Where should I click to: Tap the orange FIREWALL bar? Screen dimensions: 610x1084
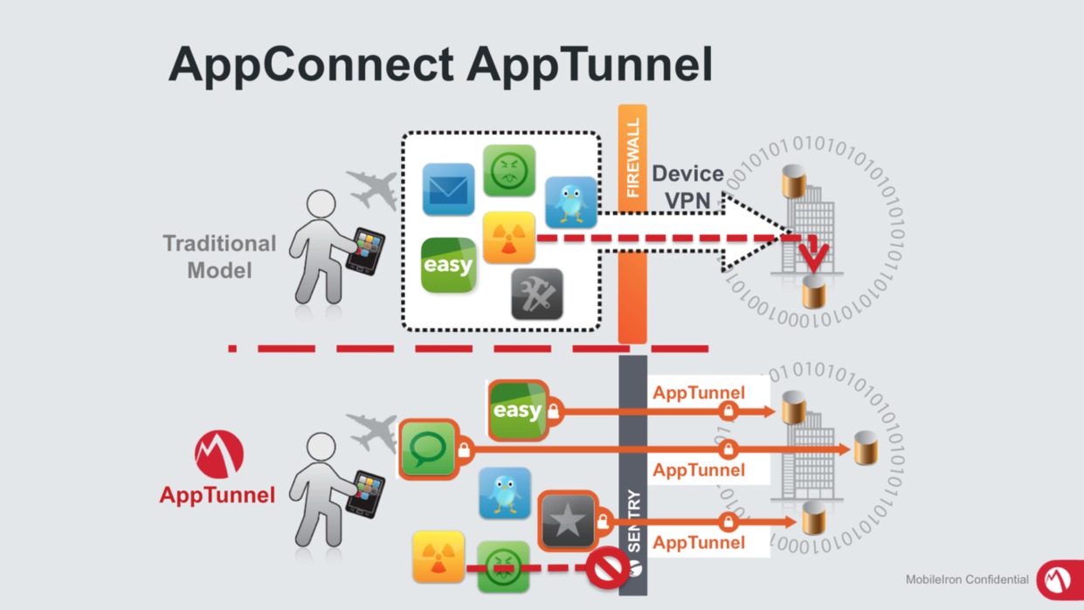point(632,223)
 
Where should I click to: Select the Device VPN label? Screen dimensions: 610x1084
point(687,186)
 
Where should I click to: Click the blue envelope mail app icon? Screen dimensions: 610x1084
point(448,189)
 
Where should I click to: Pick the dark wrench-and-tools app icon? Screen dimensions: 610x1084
point(536,294)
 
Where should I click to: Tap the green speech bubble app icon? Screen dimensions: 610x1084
point(427,449)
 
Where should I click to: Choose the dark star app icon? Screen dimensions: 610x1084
point(567,521)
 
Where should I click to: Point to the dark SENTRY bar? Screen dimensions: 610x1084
point(632,472)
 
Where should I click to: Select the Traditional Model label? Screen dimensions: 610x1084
point(219,256)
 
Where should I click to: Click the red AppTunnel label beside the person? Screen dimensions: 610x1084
point(217,496)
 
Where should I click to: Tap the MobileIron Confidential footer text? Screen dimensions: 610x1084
point(967,579)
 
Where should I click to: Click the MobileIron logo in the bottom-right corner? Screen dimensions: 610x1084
point(1059,579)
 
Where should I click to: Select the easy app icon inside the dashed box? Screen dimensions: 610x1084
point(448,265)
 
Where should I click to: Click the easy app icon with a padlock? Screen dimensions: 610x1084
point(517,410)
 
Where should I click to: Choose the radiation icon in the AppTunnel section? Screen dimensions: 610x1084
point(438,557)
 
